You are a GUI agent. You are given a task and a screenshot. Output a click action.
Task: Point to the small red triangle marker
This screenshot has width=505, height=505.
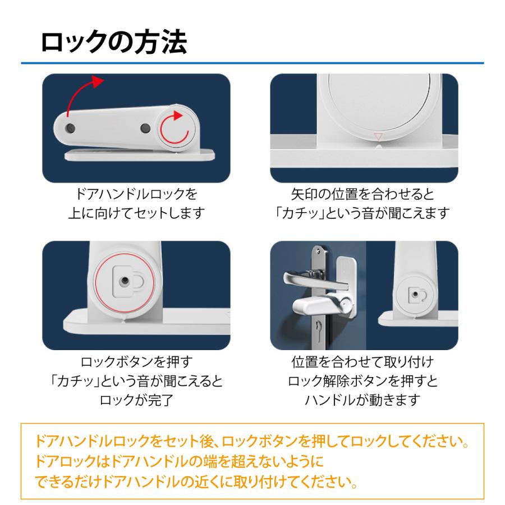click(x=378, y=136)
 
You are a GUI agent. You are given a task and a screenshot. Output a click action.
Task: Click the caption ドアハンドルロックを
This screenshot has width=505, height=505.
click(x=136, y=195)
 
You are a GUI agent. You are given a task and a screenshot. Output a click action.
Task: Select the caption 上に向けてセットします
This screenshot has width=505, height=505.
click(x=136, y=213)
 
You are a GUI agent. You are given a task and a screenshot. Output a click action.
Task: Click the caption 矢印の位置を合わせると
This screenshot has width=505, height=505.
click(x=362, y=195)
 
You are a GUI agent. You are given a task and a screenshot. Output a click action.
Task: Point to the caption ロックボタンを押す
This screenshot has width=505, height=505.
click(x=136, y=362)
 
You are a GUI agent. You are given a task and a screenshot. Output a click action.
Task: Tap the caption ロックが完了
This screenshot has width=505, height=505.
click(x=136, y=400)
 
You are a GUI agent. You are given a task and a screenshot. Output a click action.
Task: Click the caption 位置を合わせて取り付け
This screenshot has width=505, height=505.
click(x=362, y=362)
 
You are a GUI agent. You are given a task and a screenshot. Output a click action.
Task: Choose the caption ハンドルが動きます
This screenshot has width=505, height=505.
click(x=362, y=400)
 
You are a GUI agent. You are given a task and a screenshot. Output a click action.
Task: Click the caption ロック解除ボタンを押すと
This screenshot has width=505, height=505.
click(x=362, y=382)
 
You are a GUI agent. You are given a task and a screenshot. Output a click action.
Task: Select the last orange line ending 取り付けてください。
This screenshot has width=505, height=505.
click(x=196, y=482)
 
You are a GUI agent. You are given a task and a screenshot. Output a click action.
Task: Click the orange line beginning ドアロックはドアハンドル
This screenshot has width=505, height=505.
click(x=180, y=462)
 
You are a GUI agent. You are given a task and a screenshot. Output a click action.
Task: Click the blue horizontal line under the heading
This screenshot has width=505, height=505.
click(x=252, y=63)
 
